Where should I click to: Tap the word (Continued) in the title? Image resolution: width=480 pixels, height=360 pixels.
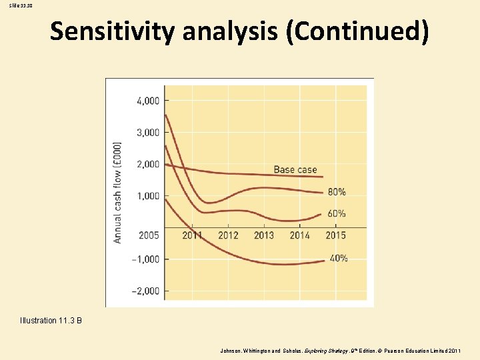pyautogui.click(x=357, y=31)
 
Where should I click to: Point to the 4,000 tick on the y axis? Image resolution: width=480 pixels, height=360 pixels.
pyautogui.click(x=148, y=101)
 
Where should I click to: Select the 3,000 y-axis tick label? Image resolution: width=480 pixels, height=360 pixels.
pyautogui.click(x=148, y=133)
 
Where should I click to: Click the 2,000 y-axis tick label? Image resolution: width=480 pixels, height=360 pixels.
pyautogui.click(x=148, y=164)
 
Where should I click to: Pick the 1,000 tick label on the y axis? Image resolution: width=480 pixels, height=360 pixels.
pyautogui.click(x=148, y=196)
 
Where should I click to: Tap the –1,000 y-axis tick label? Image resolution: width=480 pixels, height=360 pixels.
pyautogui.click(x=146, y=259)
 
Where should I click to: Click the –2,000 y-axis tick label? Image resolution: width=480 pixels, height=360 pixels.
pyautogui.click(x=146, y=291)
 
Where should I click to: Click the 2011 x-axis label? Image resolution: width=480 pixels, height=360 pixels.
pyautogui.click(x=192, y=235)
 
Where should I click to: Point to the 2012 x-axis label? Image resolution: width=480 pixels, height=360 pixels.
pyautogui.click(x=228, y=235)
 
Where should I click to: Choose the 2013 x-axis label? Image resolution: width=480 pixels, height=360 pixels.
pyautogui.click(x=264, y=235)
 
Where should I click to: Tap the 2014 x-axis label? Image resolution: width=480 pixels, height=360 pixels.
pyautogui.click(x=300, y=235)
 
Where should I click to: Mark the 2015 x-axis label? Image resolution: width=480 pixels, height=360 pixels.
pyautogui.click(x=336, y=235)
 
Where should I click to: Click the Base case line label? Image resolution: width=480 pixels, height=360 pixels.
pyautogui.click(x=295, y=169)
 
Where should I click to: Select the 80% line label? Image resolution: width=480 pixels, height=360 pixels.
pyautogui.click(x=337, y=192)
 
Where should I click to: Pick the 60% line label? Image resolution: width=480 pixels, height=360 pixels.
pyautogui.click(x=337, y=214)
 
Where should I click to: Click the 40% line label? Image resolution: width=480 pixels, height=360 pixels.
pyautogui.click(x=338, y=259)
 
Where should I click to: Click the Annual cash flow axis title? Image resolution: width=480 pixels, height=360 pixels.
pyautogui.click(x=118, y=191)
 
